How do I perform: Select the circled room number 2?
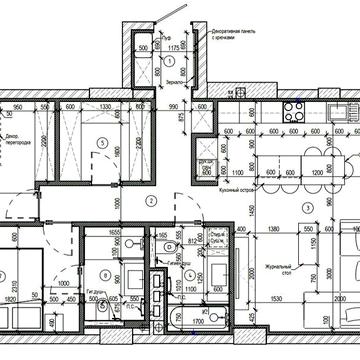[x=149, y=201]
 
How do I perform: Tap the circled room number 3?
[x=310, y=207]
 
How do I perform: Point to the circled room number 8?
[x=105, y=273]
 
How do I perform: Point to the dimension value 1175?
[x=172, y=41]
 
